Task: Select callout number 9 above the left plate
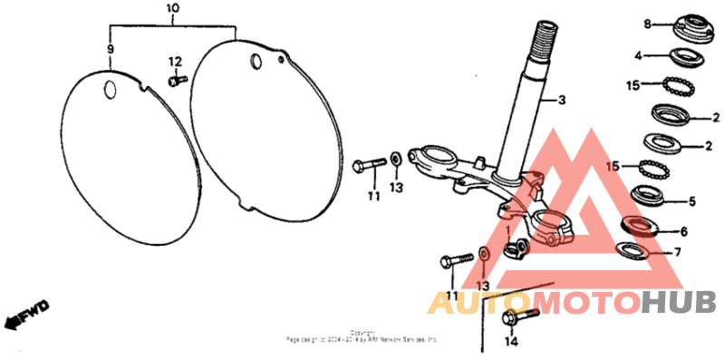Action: click(110, 48)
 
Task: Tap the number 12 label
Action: click(175, 62)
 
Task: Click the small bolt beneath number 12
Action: click(176, 81)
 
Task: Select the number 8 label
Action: click(648, 24)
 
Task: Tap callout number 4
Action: click(638, 55)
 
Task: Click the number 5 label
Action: click(692, 201)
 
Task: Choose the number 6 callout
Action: click(683, 232)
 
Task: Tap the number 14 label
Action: click(510, 342)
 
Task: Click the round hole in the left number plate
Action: click(111, 89)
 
